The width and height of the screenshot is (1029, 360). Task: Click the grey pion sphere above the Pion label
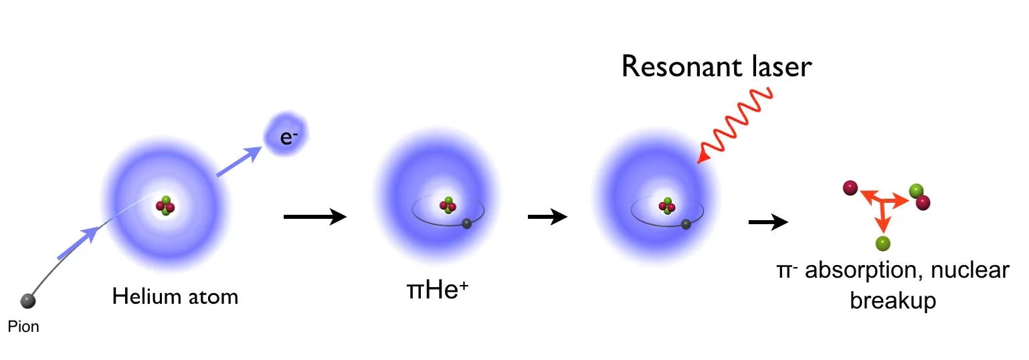point(28,300)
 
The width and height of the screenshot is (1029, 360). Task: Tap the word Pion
point(23,327)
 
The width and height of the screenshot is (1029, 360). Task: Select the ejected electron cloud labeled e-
point(286,134)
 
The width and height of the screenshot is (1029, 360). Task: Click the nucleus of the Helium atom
point(165,206)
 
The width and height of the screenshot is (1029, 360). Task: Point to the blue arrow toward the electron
point(239,161)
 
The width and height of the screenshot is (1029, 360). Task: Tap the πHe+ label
point(438,290)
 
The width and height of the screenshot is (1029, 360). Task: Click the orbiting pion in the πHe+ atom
point(467,223)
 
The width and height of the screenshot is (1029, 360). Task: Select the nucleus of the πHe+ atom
point(448,205)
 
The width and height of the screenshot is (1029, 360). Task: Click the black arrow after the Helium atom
point(315,216)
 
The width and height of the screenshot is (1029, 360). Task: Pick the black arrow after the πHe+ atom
point(547,216)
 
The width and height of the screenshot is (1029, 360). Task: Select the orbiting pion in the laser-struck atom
point(686,224)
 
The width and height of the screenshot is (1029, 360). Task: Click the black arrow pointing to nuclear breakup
point(769,221)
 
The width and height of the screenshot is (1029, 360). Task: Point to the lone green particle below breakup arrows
point(883,244)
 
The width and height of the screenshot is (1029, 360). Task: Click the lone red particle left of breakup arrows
point(850,188)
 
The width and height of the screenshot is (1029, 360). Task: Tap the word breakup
point(893,300)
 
